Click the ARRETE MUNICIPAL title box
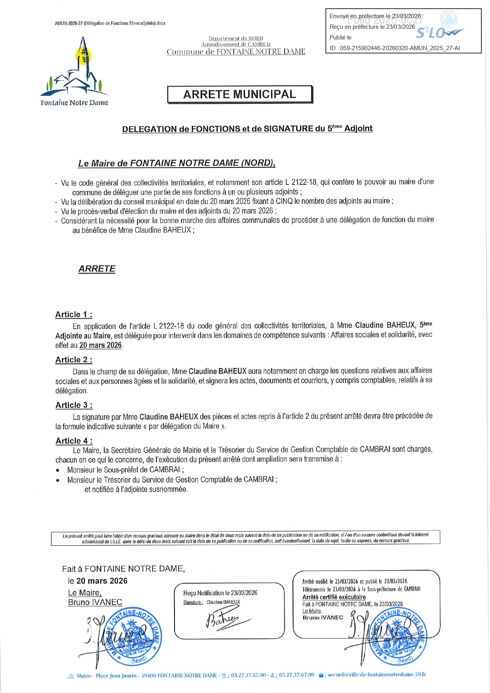(x=240, y=94)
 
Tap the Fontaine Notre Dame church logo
(x=75, y=67)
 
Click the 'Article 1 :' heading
(x=74, y=315)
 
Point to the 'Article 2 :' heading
(x=74, y=360)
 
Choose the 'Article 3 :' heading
(x=74, y=405)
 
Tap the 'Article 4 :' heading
(x=74, y=441)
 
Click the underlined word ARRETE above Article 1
(x=97, y=269)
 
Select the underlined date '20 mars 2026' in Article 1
(x=100, y=345)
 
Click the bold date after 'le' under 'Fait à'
(x=102, y=581)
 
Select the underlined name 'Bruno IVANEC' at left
(x=95, y=602)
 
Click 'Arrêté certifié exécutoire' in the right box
(x=334, y=597)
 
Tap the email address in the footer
(x=377, y=675)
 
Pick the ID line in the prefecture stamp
(x=394, y=48)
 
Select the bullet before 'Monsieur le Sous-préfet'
(x=58, y=470)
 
